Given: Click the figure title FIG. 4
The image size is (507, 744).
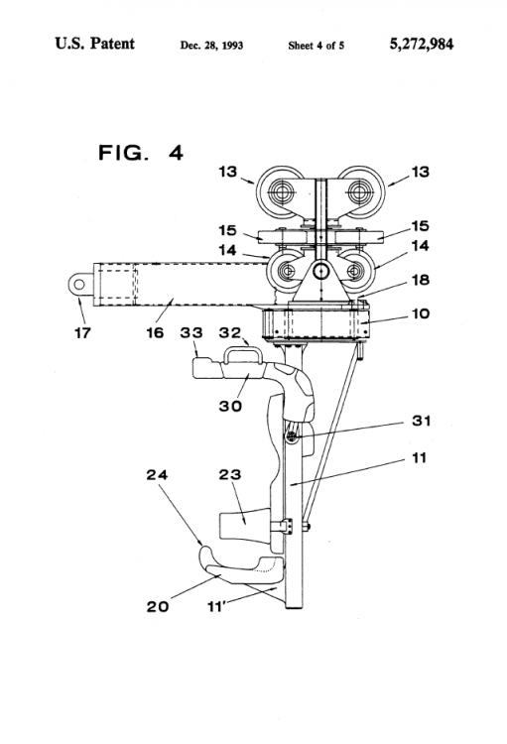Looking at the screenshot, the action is (x=141, y=153).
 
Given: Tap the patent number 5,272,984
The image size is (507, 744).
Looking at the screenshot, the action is (x=422, y=44).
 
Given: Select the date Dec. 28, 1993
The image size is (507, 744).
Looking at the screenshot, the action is (x=211, y=46).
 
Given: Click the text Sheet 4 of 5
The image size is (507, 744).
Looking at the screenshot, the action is (x=317, y=46).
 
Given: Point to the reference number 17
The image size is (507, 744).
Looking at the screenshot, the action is (x=82, y=333).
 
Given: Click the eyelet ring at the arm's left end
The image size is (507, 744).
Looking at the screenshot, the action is (x=79, y=285).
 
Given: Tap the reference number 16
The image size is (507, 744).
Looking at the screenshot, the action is (x=155, y=333).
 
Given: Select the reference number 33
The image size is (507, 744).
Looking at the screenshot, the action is (x=191, y=333).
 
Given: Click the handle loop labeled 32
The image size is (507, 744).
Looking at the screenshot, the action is (x=243, y=354).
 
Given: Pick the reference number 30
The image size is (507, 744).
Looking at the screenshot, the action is (x=230, y=406).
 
